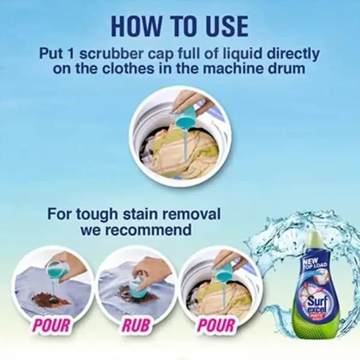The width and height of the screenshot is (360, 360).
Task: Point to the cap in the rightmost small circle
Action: click(223, 273)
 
